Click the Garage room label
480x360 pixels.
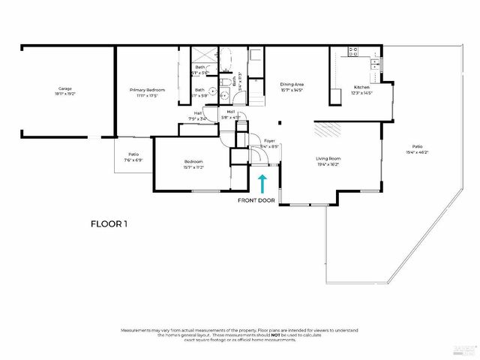tap(65, 88)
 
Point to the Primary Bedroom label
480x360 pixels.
tap(147, 88)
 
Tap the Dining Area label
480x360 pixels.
tap(291, 84)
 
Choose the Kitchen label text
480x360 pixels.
tap(362, 87)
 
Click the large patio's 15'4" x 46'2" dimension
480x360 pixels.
tap(416, 152)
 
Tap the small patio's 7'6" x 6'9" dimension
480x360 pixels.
tap(133, 160)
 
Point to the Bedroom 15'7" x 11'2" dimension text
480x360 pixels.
tap(193, 167)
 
